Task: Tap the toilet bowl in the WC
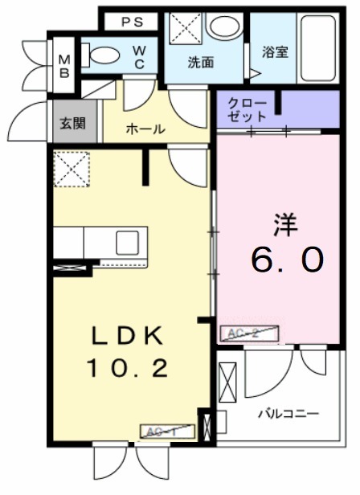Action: coord(103,56)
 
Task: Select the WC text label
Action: coord(138,58)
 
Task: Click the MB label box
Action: coord(64,65)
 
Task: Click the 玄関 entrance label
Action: coord(67,125)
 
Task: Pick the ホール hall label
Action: coord(145,129)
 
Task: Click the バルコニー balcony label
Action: coord(288,414)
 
